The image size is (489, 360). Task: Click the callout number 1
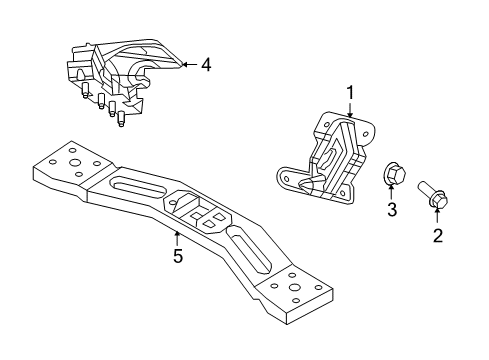[x=350, y=93]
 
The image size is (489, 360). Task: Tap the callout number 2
[x=437, y=237]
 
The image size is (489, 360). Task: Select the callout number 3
[x=392, y=210]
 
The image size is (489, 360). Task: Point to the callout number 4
[x=205, y=66]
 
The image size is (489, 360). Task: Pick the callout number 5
[x=177, y=256]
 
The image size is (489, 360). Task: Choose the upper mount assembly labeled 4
[x=120, y=75]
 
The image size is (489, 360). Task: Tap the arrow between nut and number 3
[x=392, y=193]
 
